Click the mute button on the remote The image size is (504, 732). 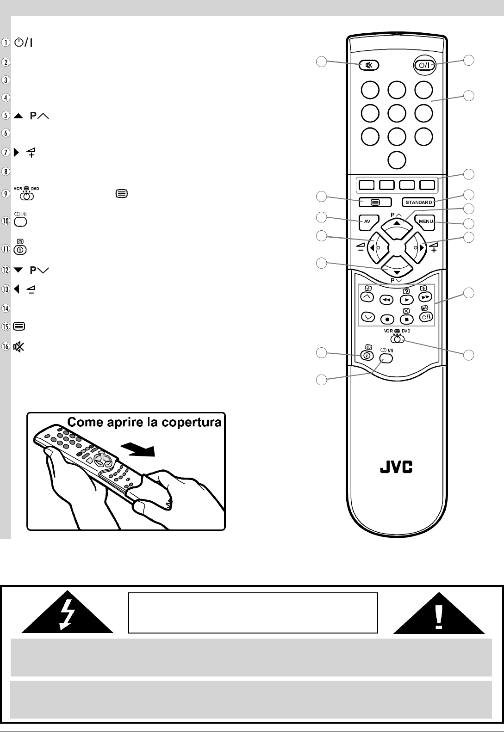tap(369, 65)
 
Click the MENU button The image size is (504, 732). tap(424, 221)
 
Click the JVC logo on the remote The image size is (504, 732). tap(397, 468)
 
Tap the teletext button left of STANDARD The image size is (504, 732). tap(374, 202)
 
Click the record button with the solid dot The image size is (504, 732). tap(387, 319)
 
